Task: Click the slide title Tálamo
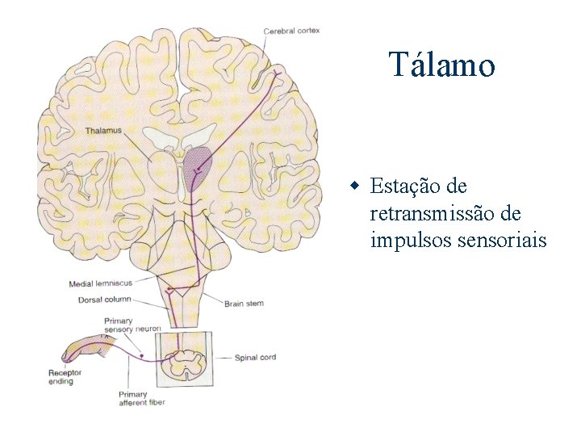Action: (x=441, y=65)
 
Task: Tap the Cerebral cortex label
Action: (x=291, y=31)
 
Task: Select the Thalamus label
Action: (x=103, y=130)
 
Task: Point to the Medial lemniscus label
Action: (x=100, y=283)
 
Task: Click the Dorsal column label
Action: (x=102, y=299)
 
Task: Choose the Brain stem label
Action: (x=244, y=304)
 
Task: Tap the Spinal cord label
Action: (x=255, y=357)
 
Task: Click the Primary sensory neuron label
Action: (x=132, y=325)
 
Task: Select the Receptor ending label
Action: (x=61, y=377)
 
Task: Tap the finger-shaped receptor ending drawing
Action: (x=81, y=349)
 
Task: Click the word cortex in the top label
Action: (x=307, y=31)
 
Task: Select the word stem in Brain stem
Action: (x=254, y=304)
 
